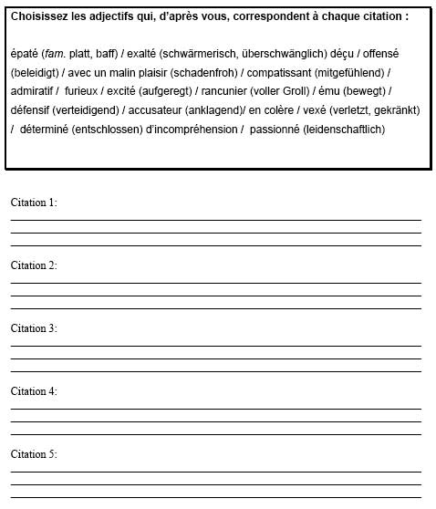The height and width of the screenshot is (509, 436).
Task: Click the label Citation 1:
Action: (x=34, y=203)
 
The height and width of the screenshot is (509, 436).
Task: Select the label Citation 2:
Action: (x=34, y=265)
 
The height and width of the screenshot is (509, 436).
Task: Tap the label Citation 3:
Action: (x=34, y=328)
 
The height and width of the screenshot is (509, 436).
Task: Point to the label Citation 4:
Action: (x=34, y=391)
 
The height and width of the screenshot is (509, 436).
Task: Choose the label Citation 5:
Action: (x=34, y=454)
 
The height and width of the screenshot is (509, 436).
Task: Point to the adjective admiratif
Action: (x=34, y=91)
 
